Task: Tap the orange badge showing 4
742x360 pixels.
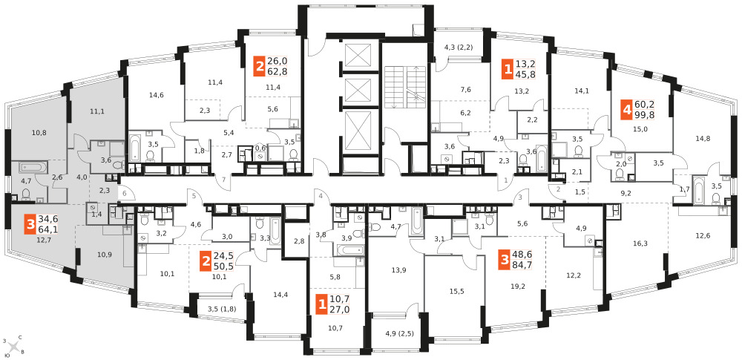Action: point(627,110)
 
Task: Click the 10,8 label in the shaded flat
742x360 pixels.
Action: point(25,134)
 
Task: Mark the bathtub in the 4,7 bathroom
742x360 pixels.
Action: point(33,168)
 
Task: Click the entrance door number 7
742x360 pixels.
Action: point(224,179)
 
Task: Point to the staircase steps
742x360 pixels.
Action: point(404,87)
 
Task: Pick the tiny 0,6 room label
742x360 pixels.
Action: point(260,147)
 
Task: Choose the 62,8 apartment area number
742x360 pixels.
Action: point(278,71)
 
